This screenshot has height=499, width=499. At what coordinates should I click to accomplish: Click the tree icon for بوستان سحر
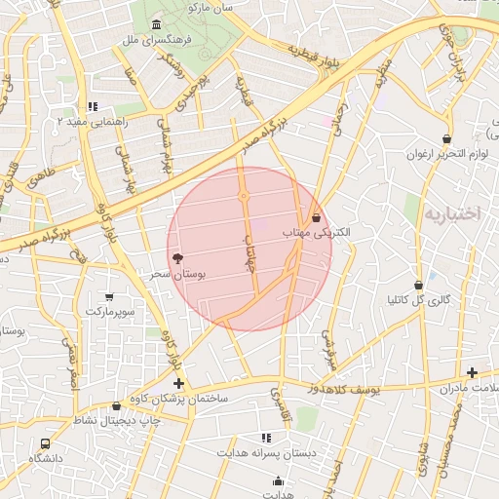[x=177, y=259]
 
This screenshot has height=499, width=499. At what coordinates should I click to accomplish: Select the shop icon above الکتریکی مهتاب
[x=317, y=216]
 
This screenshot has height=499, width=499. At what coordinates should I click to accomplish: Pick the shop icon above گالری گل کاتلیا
[x=419, y=286]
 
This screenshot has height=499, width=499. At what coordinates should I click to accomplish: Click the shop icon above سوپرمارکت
[x=108, y=295]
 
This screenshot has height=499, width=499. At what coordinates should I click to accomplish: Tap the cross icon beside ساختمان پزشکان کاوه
[x=177, y=384]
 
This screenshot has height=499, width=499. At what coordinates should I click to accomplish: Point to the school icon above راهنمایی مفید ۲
[x=93, y=106]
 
